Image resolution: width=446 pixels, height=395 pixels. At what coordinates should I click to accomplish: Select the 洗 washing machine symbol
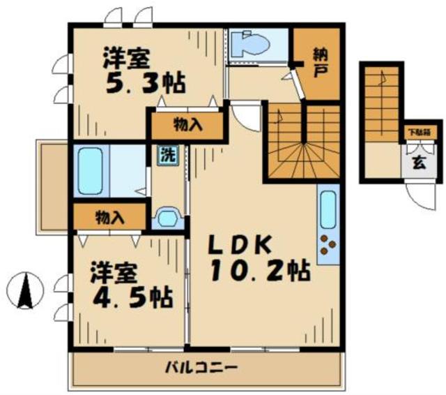[168, 155]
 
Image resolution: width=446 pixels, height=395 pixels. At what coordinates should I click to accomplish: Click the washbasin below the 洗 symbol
[167, 218]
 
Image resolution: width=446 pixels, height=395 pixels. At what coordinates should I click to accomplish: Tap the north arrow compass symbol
[26, 290]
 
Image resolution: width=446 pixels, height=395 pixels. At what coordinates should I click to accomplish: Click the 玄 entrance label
[415, 165]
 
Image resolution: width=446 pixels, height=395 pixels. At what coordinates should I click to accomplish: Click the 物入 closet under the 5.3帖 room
[187, 126]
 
